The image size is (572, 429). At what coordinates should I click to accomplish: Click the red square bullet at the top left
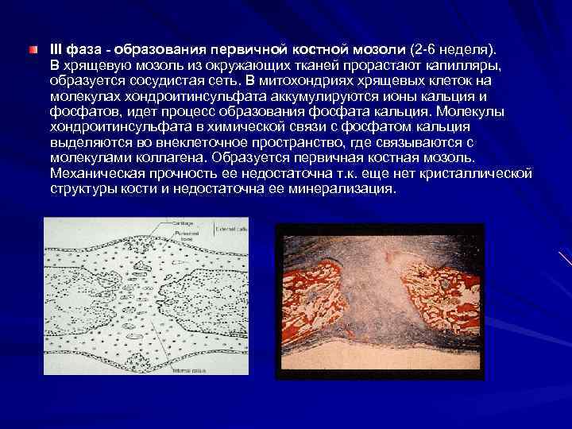(x=31, y=50)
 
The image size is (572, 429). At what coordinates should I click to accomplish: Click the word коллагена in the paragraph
(x=159, y=160)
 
